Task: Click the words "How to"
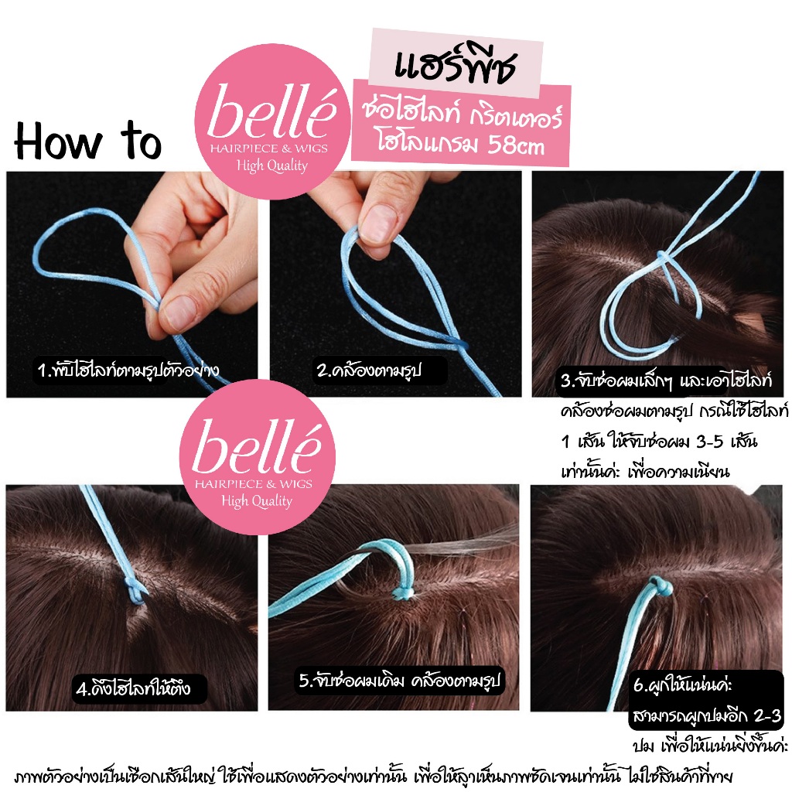[x=88, y=141]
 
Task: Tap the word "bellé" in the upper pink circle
[x=271, y=112]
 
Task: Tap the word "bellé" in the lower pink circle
[x=257, y=448]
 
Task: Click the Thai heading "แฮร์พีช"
[x=455, y=66]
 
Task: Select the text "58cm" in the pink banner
[x=516, y=145]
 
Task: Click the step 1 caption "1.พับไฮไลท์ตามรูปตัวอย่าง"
[x=128, y=370]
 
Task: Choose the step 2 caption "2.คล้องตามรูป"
[x=369, y=370]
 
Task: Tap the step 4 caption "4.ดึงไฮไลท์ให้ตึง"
[x=133, y=688]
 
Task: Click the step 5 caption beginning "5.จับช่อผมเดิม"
[x=399, y=680]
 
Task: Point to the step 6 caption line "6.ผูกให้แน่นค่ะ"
[x=682, y=685]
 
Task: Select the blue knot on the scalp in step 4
[x=135, y=591]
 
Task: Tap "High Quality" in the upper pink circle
[x=272, y=166]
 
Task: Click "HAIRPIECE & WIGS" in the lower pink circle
[x=254, y=484]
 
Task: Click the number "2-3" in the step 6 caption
[x=767, y=715]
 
